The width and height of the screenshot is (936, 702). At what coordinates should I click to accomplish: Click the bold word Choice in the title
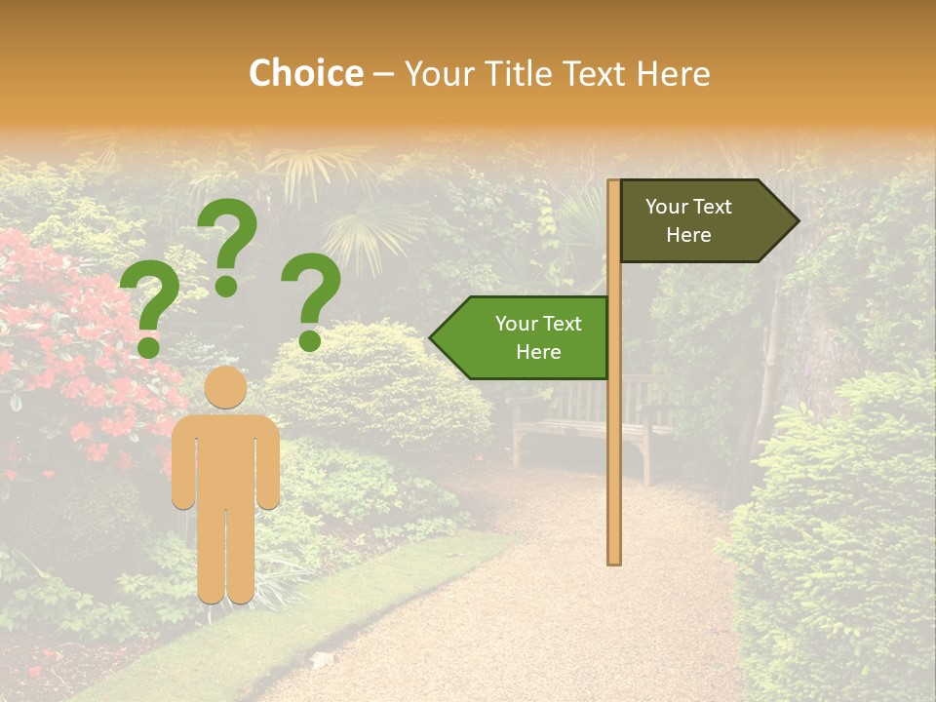coord(305,73)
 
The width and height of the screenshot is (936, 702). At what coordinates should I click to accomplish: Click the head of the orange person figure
coord(225,387)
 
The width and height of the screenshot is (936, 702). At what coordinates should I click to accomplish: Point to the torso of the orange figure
coord(225,458)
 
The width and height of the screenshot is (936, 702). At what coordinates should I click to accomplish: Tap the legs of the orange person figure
coord(225,556)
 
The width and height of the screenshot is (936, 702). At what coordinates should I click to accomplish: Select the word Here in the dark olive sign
coord(688,235)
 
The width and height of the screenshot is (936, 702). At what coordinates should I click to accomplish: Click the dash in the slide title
coord(383,74)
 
